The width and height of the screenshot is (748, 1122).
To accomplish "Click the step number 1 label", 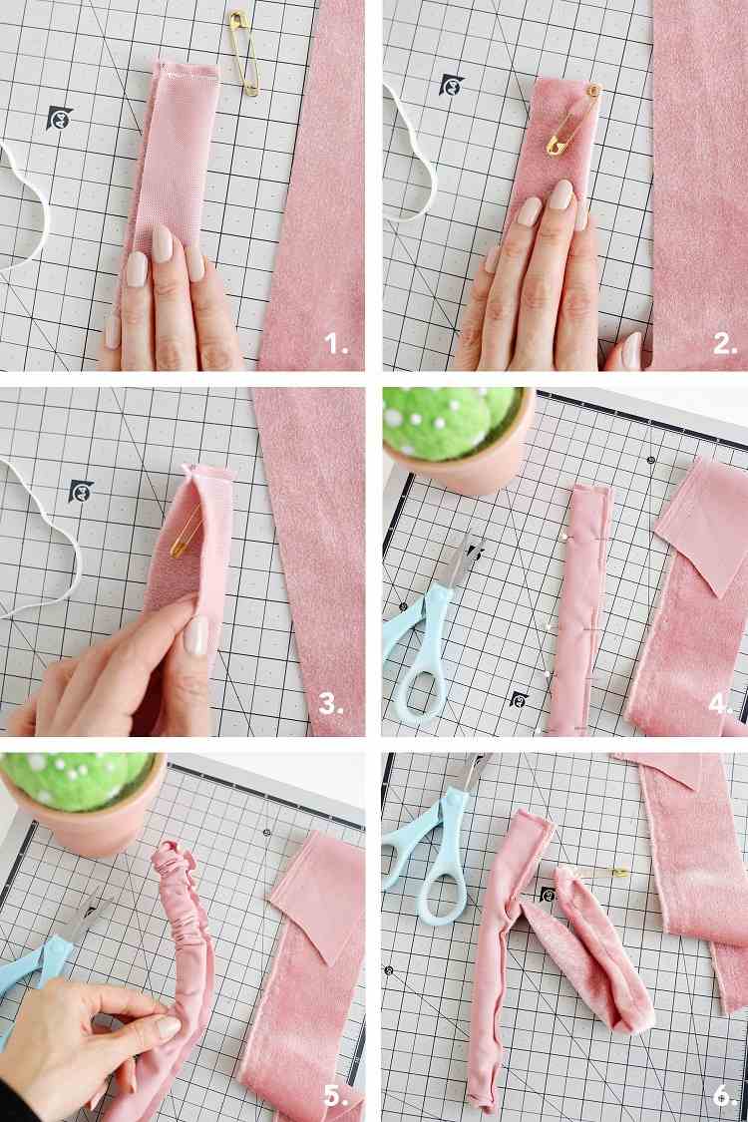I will [336, 345].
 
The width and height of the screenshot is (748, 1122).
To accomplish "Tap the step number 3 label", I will [333, 705].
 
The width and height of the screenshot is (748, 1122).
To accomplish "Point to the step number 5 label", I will [335, 1094].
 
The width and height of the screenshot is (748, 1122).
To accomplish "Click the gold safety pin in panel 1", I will [242, 52].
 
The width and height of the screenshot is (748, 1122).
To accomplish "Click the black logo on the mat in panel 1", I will [60, 119].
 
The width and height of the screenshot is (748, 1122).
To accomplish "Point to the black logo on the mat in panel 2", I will [452, 84].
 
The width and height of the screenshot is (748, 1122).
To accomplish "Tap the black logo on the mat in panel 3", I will [81, 491].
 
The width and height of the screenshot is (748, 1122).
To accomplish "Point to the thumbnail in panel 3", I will [196, 634].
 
